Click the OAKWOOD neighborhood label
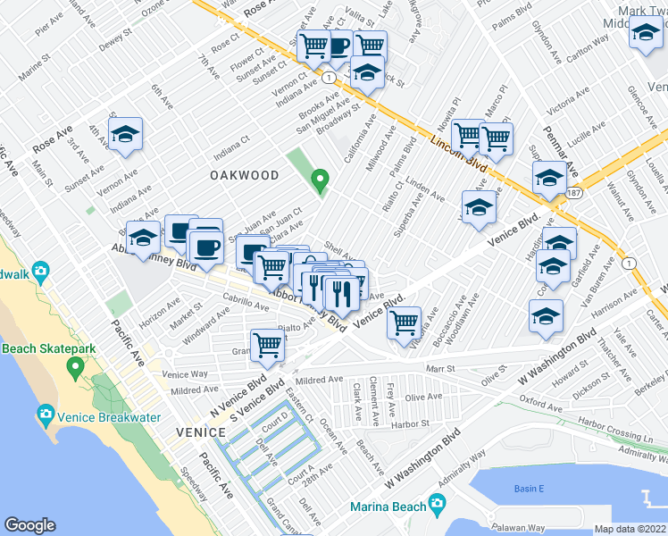tap(245, 175)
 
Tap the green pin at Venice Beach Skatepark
tap(75, 366)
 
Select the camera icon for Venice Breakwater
tap(46, 415)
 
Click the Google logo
tap(30, 525)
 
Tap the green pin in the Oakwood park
tap(320, 181)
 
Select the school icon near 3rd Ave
tap(126, 134)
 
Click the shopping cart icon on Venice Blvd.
tap(405, 321)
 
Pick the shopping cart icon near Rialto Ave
tap(267, 345)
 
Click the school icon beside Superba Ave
tap(479, 207)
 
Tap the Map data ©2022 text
tap(630, 529)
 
